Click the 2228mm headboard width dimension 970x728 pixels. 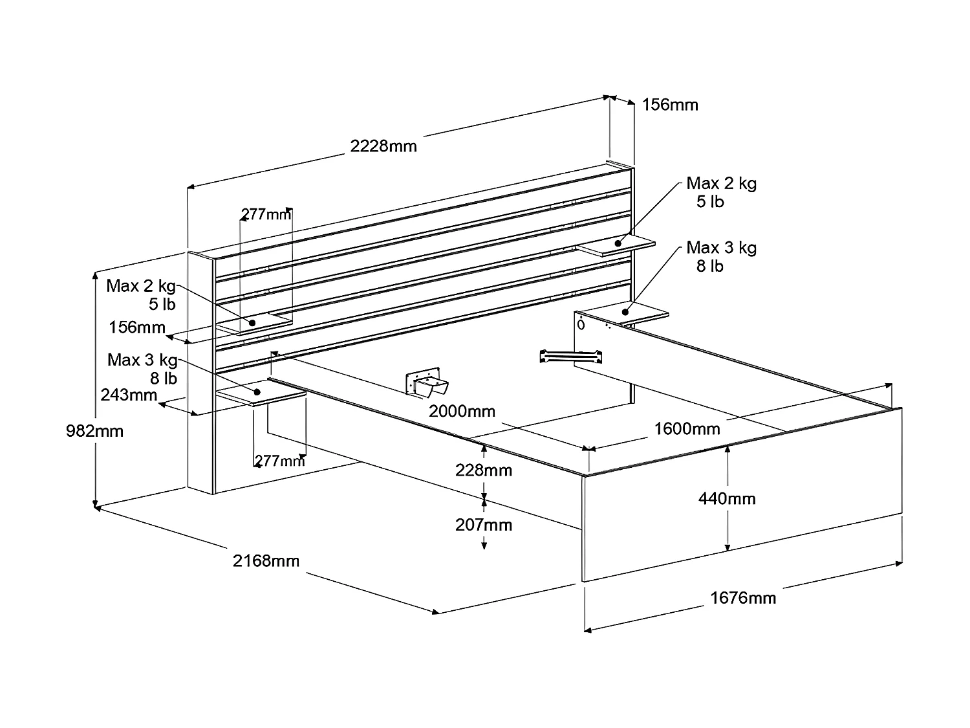[x=383, y=146]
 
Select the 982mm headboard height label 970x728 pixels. [x=94, y=430]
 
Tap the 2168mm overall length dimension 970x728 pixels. [x=266, y=560]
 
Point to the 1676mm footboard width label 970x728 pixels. [x=743, y=597]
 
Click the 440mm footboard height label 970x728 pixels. [x=727, y=498]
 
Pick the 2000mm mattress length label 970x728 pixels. [x=462, y=411]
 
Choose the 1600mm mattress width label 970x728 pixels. [x=687, y=428]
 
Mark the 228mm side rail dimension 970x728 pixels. [x=483, y=470]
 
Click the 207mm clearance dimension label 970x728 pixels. [x=483, y=524]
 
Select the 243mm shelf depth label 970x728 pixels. [x=129, y=394]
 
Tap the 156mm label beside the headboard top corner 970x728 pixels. [x=670, y=105]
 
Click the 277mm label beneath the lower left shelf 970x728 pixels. [x=279, y=461]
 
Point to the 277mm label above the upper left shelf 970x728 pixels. [x=266, y=214]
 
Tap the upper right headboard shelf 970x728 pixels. [x=616, y=246]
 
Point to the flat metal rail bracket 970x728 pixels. [x=570, y=356]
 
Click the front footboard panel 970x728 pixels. [x=742, y=495]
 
